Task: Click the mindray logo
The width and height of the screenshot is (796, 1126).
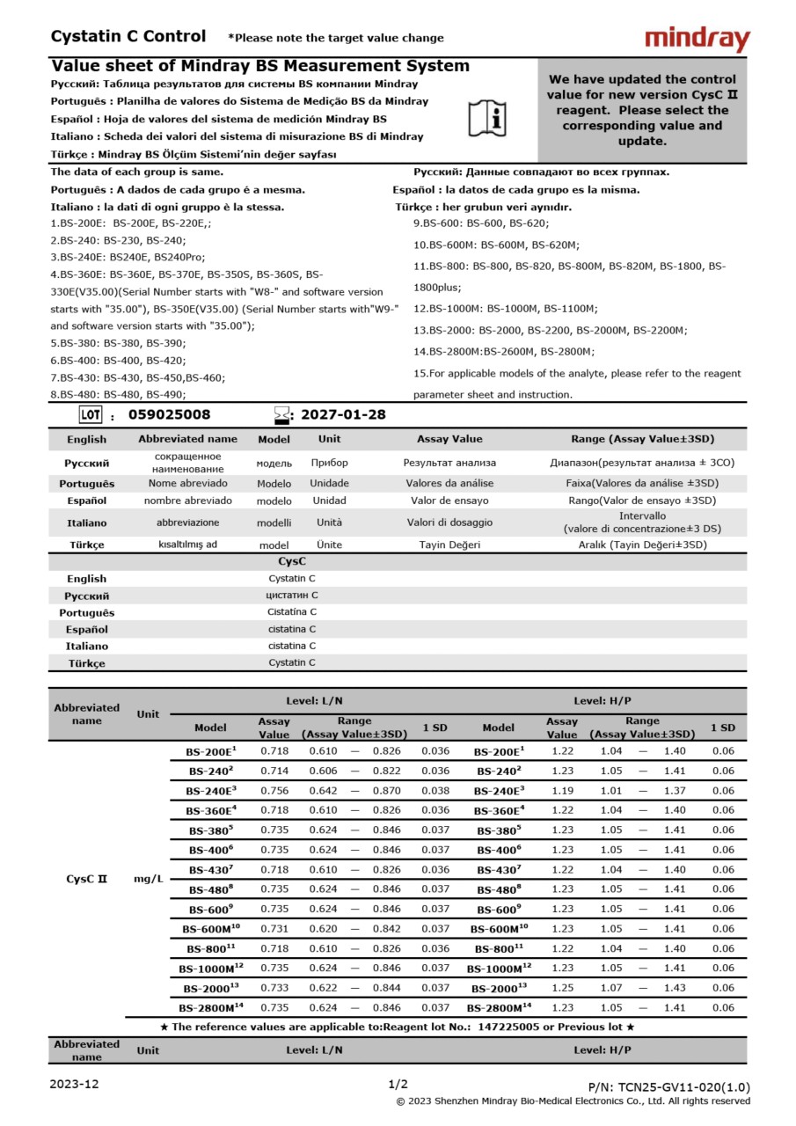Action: click(x=697, y=40)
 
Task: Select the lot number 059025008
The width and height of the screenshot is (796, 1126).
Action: click(x=170, y=415)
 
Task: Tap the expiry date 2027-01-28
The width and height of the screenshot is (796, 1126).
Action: click(x=343, y=415)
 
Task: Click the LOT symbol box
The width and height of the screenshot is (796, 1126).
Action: click(x=91, y=415)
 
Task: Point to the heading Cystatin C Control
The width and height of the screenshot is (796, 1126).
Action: click(x=128, y=37)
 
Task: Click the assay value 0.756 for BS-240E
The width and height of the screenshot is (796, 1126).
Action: click(x=274, y=791)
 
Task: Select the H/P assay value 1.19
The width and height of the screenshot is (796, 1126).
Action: click(x=562, y=791)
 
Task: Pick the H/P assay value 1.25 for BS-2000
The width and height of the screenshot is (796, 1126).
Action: click(x=562, y=988)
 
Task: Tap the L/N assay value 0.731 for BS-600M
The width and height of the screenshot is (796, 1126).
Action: click(x=274, y=929)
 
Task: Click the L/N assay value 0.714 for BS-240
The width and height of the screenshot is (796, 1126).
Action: click(x=274, y=771)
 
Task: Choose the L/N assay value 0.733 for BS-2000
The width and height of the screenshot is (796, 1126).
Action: click(x=274, y=988)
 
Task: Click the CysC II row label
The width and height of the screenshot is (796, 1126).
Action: click(x=87, y=879)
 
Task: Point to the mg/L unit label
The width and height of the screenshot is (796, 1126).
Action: click(x=149, y=879)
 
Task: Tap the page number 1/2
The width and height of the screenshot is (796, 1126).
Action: click(x=398, y=1084)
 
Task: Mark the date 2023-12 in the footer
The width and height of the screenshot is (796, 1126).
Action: click(x=74, y=1084)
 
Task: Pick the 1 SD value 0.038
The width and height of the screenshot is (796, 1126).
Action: click(x=435, y=791)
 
